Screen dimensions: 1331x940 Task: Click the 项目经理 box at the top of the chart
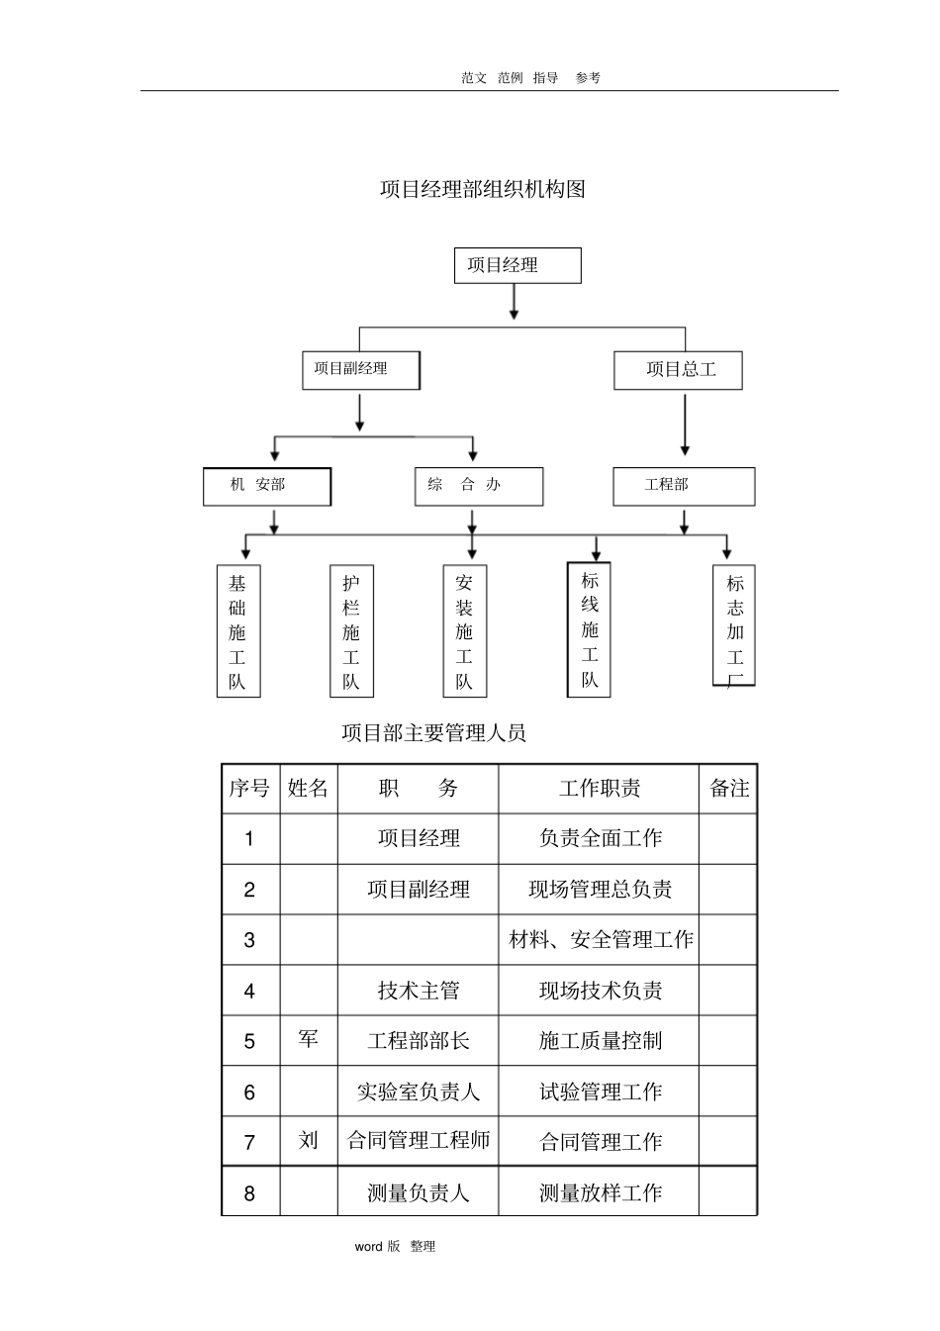coord(517,265)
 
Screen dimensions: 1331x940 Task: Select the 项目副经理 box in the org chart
coord(361,369)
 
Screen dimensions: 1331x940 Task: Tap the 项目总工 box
coord(679,370)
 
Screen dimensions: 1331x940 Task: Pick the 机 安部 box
coord(267,486)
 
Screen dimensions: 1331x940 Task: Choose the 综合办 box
coord(479,486)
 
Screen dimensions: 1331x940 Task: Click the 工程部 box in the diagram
coord(684,486)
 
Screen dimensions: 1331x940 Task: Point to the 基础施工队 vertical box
coord(238,631)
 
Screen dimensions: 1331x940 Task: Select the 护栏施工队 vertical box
coord(351,631)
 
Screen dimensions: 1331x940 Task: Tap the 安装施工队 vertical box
coord(465,631)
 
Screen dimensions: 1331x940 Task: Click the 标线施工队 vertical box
coord(590,629)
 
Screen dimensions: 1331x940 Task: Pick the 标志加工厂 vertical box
coord(734,625)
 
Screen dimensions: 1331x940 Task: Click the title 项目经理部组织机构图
coord(483,189)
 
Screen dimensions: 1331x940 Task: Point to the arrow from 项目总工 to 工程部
coord(684,426)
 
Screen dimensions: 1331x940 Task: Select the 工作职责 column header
coord(599,789)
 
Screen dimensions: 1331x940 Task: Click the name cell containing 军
coord(309,1040)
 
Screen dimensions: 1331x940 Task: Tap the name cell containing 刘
coord(309,1141)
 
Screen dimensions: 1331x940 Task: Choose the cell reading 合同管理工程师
coord(419,1141)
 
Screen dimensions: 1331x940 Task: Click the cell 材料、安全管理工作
coord(601,940)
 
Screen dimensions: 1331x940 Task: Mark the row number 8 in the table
coord(249,1193)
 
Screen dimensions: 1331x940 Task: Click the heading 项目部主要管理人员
coord(433,733)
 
